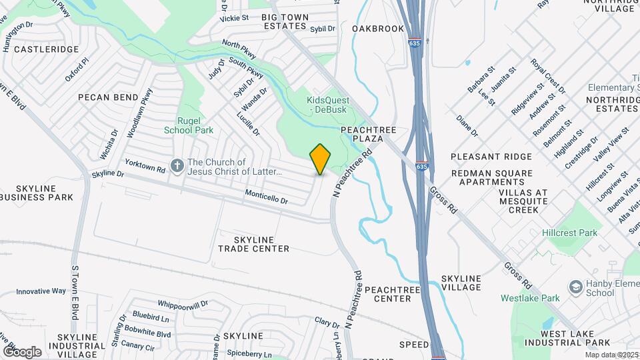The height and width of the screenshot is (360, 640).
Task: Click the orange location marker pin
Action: pyautogui.click(x=321, y=159)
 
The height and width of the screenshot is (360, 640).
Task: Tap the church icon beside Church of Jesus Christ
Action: pyautogui.click(x=177, y=165)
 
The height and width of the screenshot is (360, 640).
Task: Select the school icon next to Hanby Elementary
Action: pyautogui.click(x=575, y=287)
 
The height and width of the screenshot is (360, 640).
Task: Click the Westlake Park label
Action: pyautogui.click(x=530, y=298)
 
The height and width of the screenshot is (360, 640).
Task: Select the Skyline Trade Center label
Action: pyautogui.click(x=253, y=243)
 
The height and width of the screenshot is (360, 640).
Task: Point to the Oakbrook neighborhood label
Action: pyautogui.click(x=378, y=29)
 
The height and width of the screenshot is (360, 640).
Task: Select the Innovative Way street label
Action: pyautogui.click(x=41, y=291)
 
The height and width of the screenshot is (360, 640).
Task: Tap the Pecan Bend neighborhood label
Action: pyautogui.click(x=107, y=97)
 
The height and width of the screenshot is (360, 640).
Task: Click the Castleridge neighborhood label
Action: pyautogui.click(x=46, y=49)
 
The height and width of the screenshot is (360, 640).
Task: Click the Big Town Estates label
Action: pyautogui.click(x=288, y=21)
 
